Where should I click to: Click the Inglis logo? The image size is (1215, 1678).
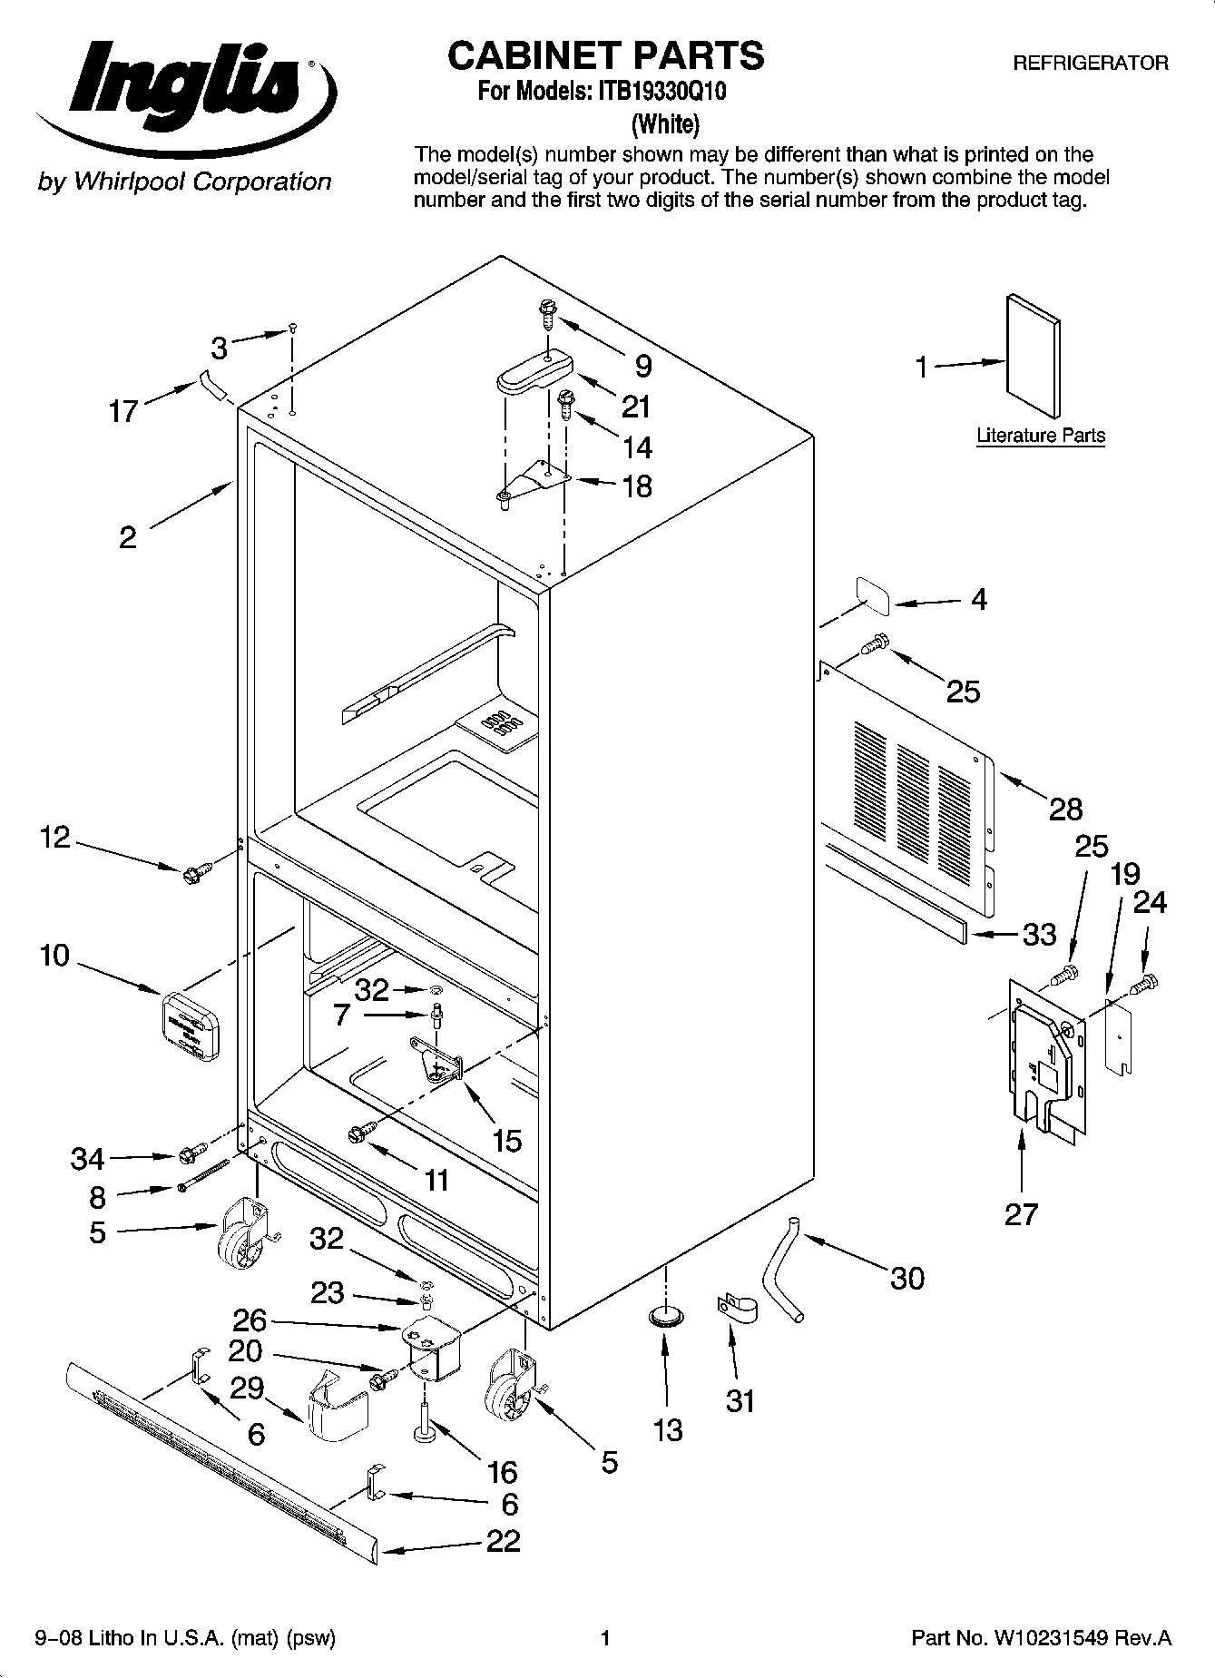[x=186, y=96]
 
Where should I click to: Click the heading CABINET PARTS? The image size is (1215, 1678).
[x=606, y=55]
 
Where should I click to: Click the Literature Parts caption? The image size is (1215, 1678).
[x=1041, y=436]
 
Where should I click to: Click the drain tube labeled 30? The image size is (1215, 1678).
[x=782, y=1271]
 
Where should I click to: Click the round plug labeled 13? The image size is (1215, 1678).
[x=667, y=1317]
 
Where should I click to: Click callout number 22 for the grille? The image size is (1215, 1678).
[x=504, y=1540]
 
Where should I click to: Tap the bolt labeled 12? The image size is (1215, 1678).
[x=193, y=874]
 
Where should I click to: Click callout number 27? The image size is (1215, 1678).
[x=1021, y=1213]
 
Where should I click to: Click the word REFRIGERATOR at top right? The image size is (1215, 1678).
[x=1090, y=64]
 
